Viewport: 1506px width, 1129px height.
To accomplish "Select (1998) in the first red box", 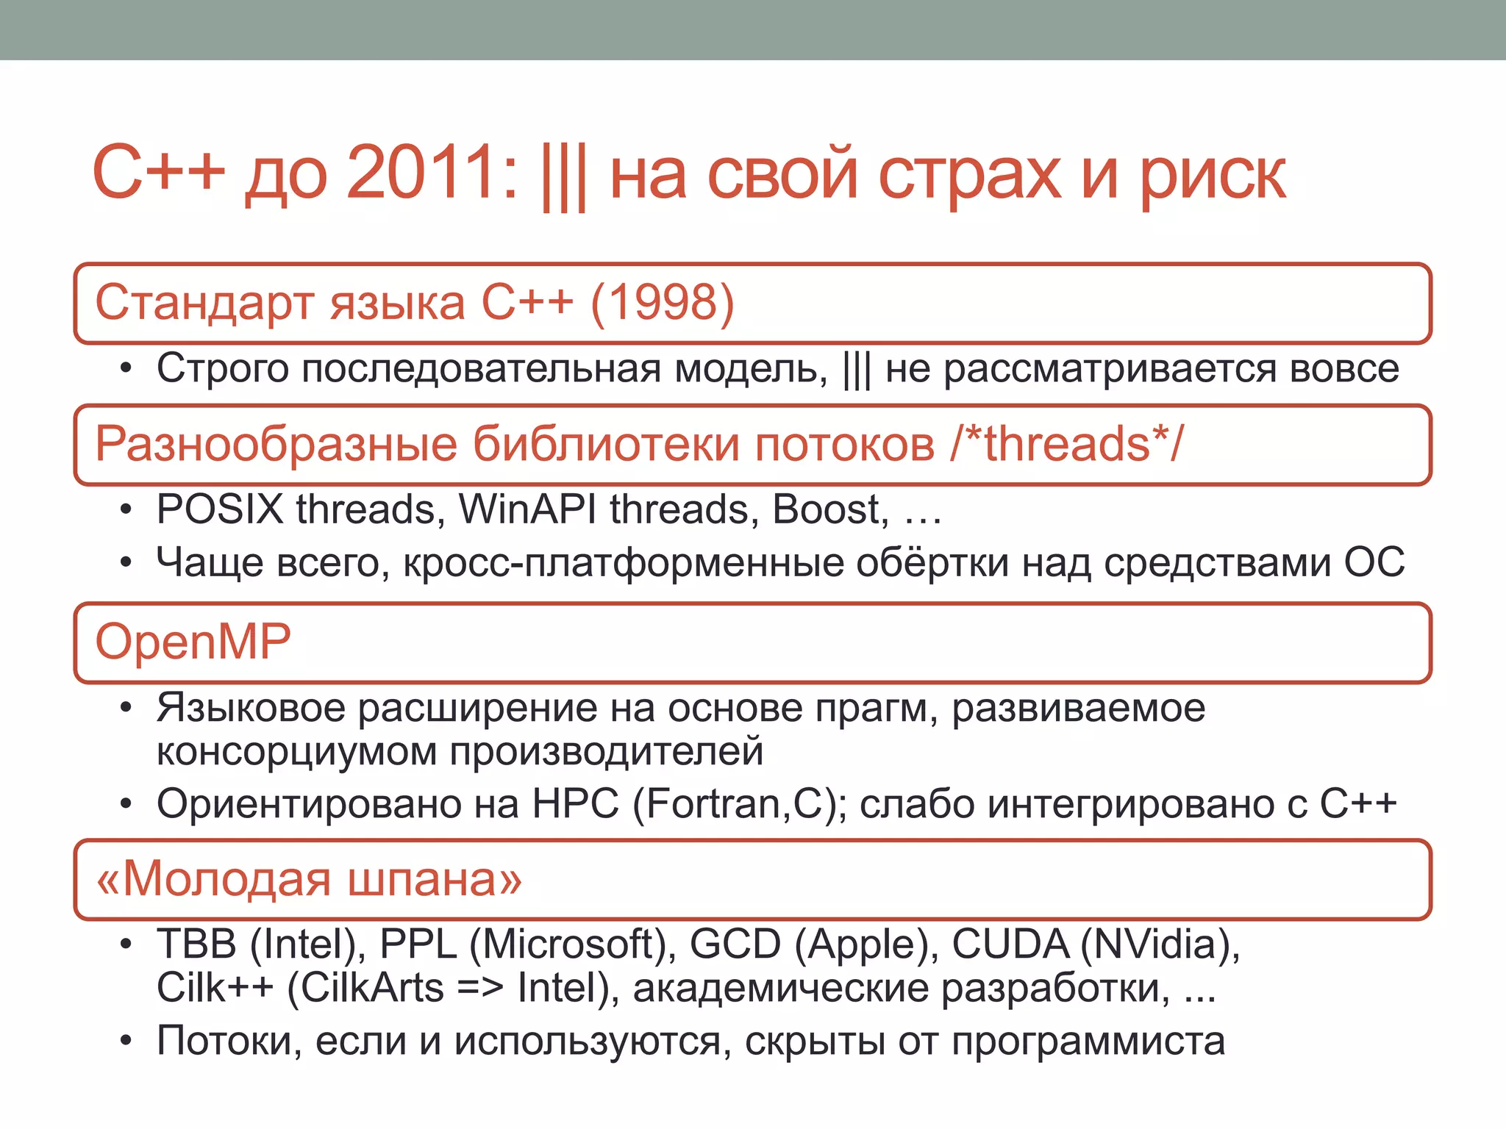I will [662, 302].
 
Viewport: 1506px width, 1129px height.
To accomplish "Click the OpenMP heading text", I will [193, 642].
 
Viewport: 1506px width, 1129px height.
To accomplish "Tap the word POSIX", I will [220, 509].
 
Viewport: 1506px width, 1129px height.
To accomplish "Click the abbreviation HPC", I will [575, 803].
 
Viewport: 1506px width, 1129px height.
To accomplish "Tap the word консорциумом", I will [297, 753].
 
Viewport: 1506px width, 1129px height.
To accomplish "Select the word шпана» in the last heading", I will [434, 879].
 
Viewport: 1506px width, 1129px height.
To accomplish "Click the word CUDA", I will [1010, 945].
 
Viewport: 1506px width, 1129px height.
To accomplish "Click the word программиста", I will [1088, 1042].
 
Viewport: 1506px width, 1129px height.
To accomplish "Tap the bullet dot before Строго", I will [126, 369].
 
